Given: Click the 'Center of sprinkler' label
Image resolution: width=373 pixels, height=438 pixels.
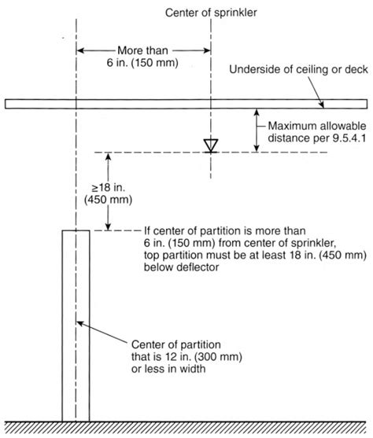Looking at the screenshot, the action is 211,13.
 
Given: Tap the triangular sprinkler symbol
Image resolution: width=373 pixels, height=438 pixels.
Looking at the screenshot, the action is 211,145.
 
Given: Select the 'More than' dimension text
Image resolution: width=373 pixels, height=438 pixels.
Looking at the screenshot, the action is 142,50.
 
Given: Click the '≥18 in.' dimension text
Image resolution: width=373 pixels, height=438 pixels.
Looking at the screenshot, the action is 109,187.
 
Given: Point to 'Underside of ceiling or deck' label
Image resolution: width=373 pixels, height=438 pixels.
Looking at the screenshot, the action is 298,69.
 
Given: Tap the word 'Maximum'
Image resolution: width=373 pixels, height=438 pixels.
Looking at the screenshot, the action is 292,126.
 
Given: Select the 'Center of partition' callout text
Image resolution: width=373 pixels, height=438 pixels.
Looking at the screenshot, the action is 175,344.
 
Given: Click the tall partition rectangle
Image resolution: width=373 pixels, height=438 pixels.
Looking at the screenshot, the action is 76,326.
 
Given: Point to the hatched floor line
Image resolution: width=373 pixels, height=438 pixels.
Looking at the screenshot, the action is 186,428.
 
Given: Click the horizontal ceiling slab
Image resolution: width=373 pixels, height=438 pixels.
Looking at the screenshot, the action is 186,104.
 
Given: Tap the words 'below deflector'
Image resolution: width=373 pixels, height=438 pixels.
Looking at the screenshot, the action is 181,267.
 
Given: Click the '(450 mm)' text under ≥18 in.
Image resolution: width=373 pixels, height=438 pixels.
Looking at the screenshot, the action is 109,200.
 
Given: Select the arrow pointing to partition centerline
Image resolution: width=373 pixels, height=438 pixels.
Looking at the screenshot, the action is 102,332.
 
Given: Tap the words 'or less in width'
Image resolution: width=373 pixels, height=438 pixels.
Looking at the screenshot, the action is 168,369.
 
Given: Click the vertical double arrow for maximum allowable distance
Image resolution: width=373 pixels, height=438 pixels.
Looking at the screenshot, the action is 257,131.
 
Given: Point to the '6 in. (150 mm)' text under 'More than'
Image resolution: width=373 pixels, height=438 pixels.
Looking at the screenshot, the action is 142,63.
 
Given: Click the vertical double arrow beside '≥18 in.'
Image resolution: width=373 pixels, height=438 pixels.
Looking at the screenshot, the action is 109,192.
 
